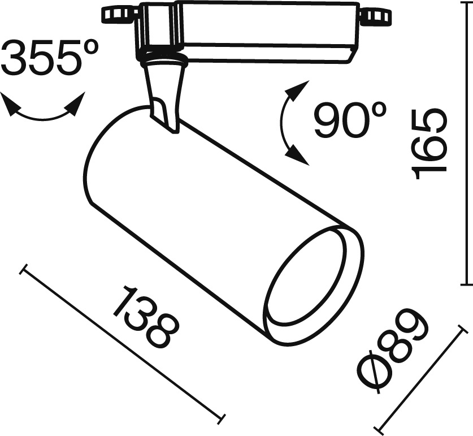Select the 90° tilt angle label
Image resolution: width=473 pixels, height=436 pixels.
point(350,119)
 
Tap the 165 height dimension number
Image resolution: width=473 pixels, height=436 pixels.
point(429,144)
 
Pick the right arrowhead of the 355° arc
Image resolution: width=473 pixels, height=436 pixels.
point(74,104)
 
